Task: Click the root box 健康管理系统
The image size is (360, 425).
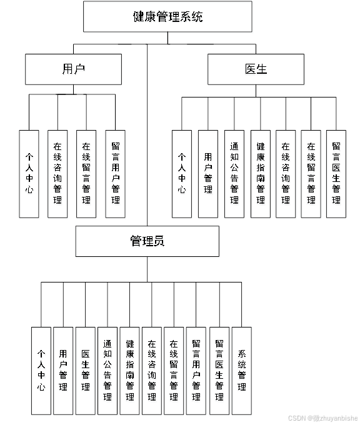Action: point(167,17)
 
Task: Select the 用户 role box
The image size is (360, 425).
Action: point(73,69)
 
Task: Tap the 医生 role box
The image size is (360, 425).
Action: point(256,69)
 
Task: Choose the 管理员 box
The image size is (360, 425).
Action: point(147,241)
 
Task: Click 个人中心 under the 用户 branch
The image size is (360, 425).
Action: point(29,174)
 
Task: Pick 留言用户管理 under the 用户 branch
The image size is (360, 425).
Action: point(115,174)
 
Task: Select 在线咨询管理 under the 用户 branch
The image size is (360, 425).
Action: point(57,174)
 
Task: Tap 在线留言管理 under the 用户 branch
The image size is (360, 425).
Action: point(86,174)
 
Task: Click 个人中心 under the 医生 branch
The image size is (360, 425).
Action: point(182,174)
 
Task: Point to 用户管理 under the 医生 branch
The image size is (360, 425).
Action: point(208,174)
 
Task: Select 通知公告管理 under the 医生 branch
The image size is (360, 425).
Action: point(234,174)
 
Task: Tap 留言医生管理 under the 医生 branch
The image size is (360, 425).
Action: point(336,174)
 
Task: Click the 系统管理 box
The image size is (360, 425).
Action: point(242,370)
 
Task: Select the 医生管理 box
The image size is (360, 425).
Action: point(86,370)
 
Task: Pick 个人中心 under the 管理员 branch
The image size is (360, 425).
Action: point(41,370)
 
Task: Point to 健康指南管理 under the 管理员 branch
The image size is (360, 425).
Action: point(130,370)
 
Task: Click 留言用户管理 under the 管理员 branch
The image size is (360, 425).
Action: point(196,370)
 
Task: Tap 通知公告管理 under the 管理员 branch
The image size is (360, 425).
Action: point(107,370)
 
